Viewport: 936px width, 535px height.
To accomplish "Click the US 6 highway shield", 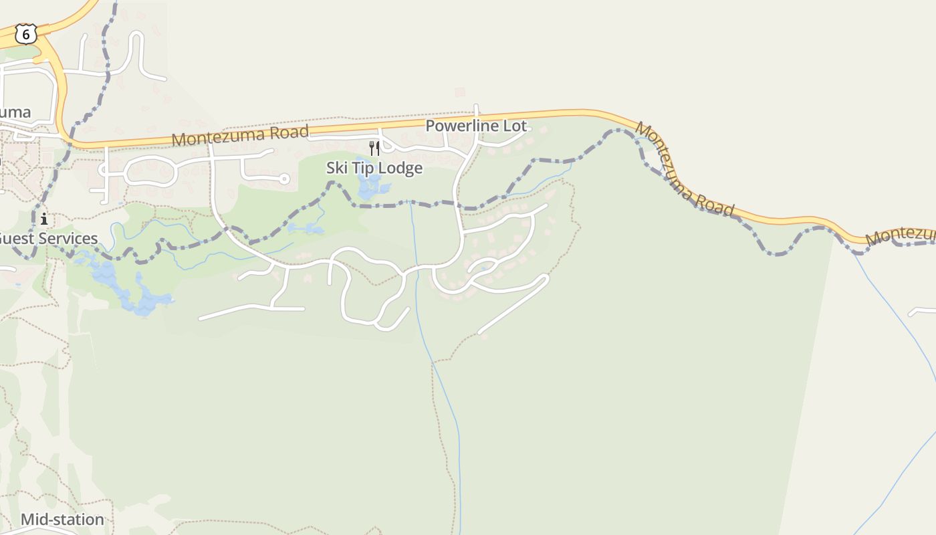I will [x=25, y=34].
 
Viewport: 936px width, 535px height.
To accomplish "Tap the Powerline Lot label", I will [x=476, y=126].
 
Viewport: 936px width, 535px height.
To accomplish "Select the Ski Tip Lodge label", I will [x=374, y=168].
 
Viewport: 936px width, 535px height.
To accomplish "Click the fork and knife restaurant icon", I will [x=374, y=148].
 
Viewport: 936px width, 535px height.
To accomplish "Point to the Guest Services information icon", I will [x=44, y=219].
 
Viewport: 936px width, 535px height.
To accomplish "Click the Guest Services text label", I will [x=48, y=239].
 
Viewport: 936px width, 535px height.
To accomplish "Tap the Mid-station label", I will [x=62, y=520].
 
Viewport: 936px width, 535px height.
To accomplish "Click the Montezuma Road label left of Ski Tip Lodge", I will [x=240, y=136].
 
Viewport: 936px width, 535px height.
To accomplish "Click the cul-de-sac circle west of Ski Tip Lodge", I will [x=284, y=179].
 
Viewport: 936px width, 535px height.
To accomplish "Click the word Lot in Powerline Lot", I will [x=515, y=126].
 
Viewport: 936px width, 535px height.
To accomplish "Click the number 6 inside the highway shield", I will [x=25, y=34].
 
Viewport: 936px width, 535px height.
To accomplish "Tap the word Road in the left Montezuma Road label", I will [x=290, y=132].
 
